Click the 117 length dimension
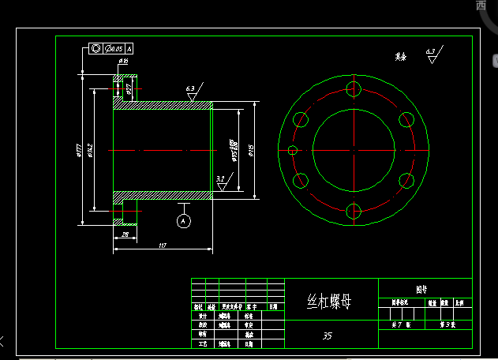pyautogui.click(x=162, y=246)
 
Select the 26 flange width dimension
pyautogui.click(x=124, y=235)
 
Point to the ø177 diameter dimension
pyautogui.click(x=80, y=150)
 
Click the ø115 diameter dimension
pyautogui.click(x=250, y=150)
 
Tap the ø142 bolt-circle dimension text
pyautogui.click(x=90, y=150)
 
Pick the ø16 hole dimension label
pyautogui.click(x=123, y=61)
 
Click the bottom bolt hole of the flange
pyautogui.click(x=354, y=211)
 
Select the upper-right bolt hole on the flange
pyautogui.click(x=407, y=119)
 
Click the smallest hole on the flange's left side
pyautogui.click(x=293, y=150)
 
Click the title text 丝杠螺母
pyautogui.click(x=328, y=302)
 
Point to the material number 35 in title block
pyautogui.click(x=327, y=336)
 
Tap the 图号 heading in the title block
pyautogui.click(x=425, y=290)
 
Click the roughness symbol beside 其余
pyautogui.click(x=431, y=55)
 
